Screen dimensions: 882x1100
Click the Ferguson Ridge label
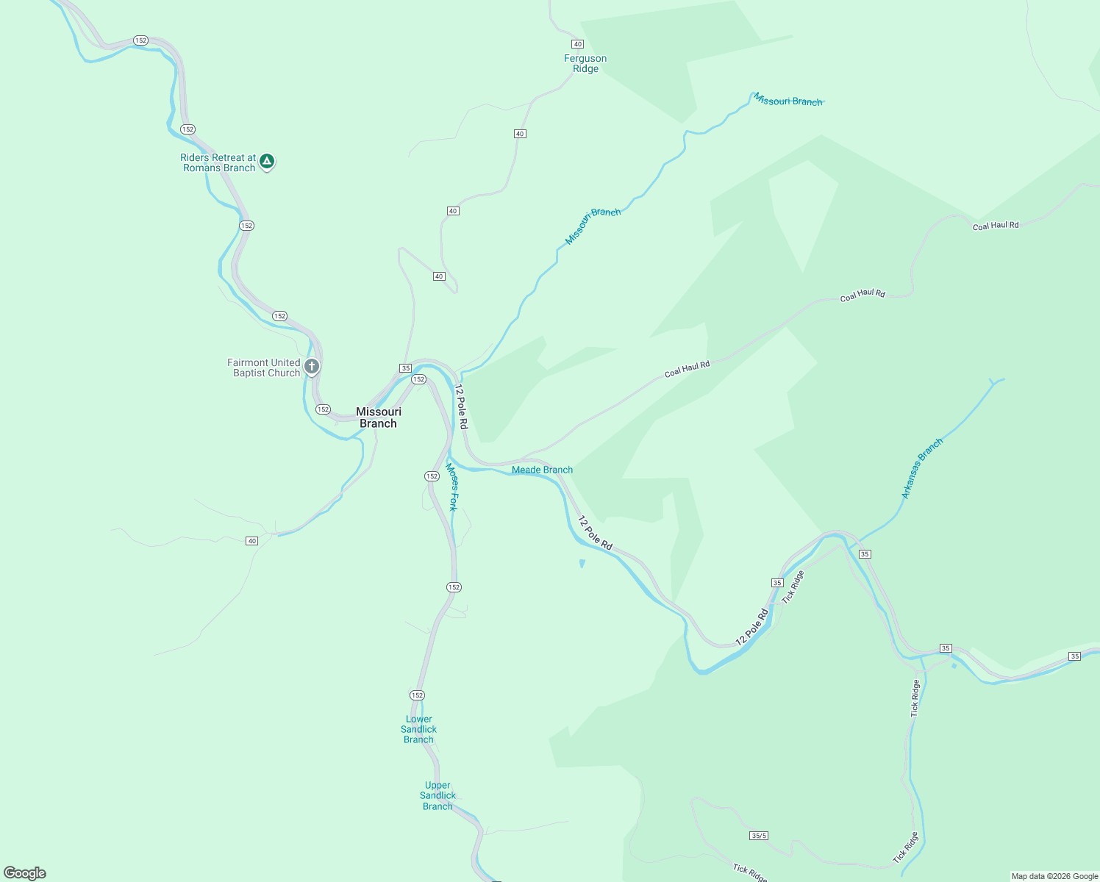pyautogui.click(x=585, y=64)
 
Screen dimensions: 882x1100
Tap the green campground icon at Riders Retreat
pyautogui.click(x=267, y=161)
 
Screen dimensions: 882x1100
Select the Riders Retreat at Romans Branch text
pyautogui.click(x=218, y=162)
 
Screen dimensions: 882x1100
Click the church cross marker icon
pyautogui.click(x=312, y=366)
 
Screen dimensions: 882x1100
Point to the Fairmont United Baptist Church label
pyautogui.click(x=264, y=367)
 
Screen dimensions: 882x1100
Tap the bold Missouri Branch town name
pyautogui.click(x=379, y=417)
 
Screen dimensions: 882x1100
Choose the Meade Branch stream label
pyautogui.click(x=542, y=470)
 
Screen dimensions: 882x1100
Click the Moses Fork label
pyautogui.click(x=453, y=487)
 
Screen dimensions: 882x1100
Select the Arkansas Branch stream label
pyautogui.click(x=921, y=469)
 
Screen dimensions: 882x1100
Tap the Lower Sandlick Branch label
pyautogui.click(x=418, y=729)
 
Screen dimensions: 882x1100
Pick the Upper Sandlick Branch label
pyautogui.click(x=438, y=795)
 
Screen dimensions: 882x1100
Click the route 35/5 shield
pyautogui.click(x=759, y=836)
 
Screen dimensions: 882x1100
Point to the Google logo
pyautogui.click(x=25, y=873)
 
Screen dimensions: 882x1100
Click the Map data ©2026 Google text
pyautogui.click(x=1054, y=876)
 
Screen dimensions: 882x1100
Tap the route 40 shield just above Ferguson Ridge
pyautogui.click(x=577, y=44)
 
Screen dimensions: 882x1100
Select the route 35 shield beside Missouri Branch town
pyautogui.click(x=405, y=367)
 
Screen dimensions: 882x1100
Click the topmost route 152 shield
pyautogui.click(x=140, y=40)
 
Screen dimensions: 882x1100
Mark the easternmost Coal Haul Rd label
pyautogui.click(x=996, y=226)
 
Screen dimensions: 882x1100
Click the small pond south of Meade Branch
pyautogui.click(x=582, y=564)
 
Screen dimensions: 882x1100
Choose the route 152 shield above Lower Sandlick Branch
pyautogui.click(x=417, y=695)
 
